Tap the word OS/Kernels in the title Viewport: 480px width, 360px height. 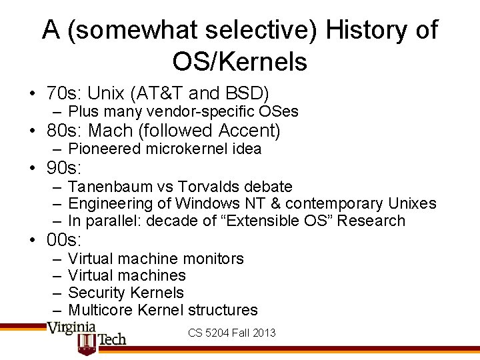click(240, 61)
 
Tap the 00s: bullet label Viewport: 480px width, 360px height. click(63, 239)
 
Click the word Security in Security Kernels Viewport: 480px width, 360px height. click(97, 293)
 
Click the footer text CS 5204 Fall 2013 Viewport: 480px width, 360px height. click(232, 333)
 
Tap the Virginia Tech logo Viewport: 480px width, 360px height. click(87, 337)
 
